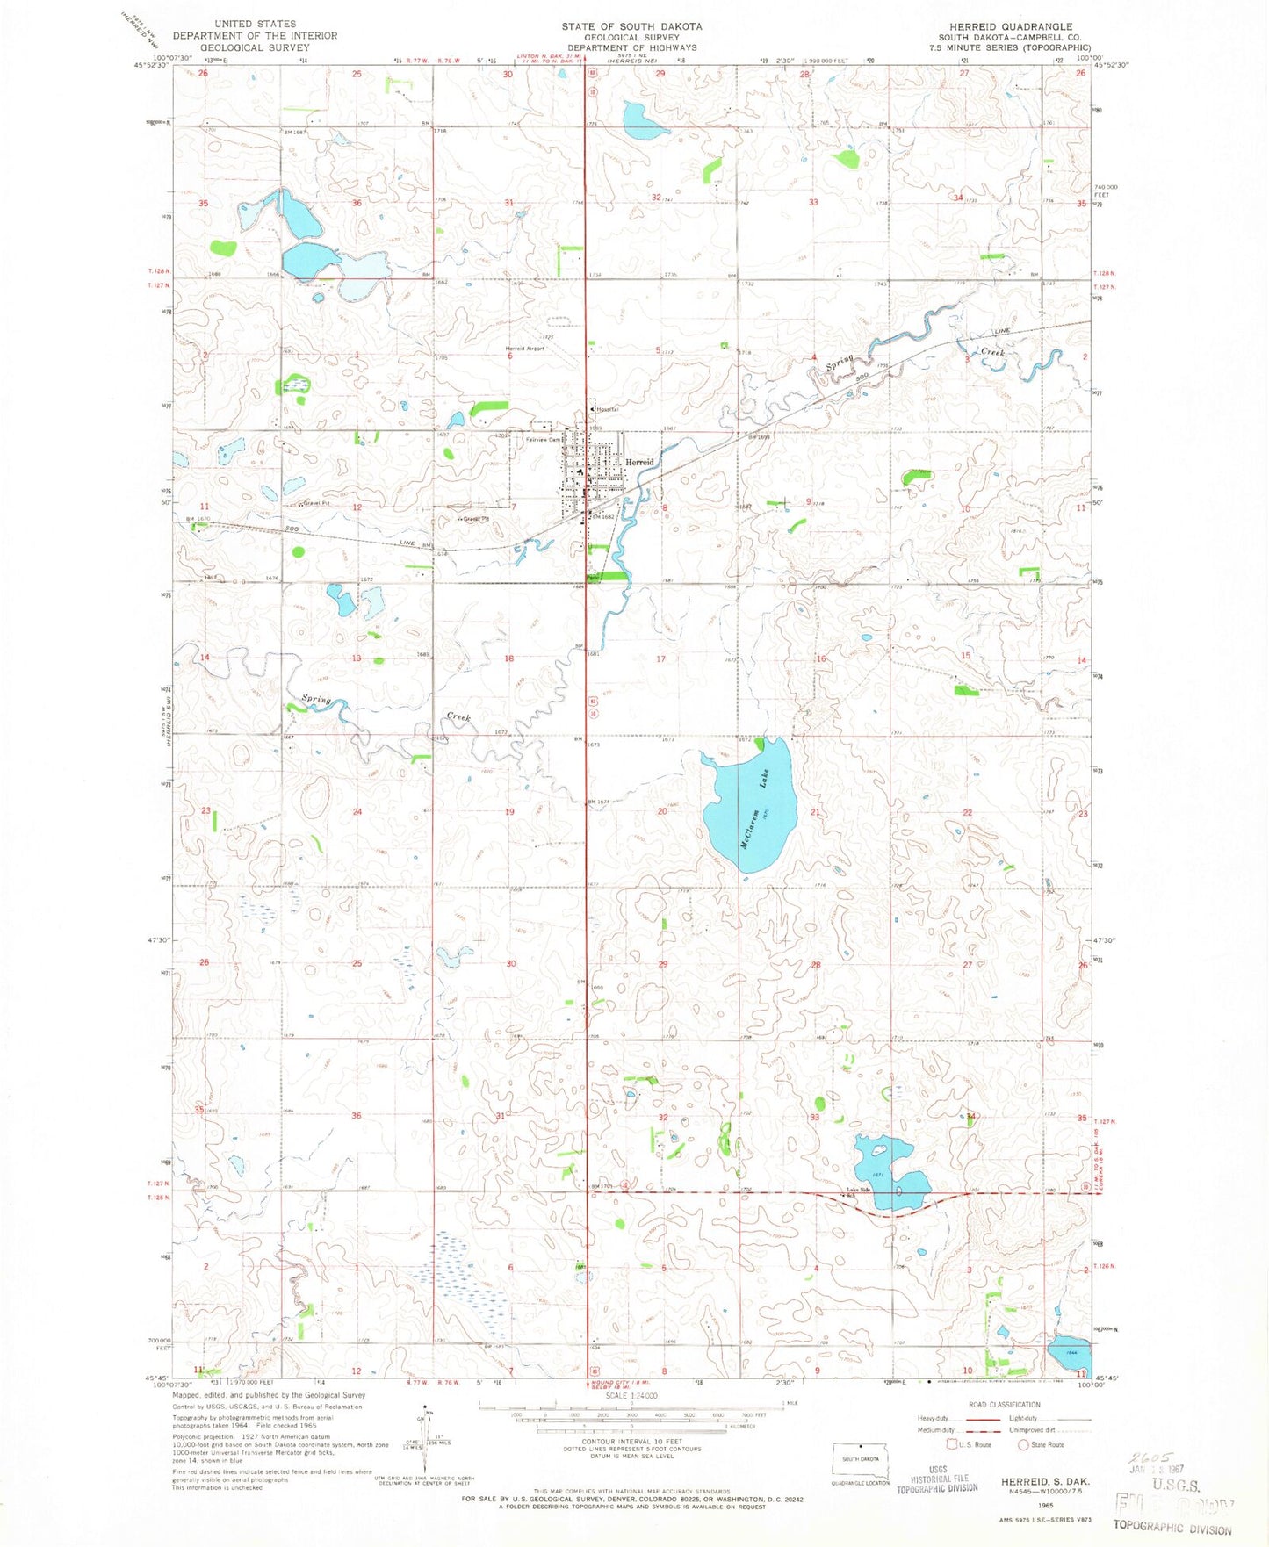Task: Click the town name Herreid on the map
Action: (639, 462)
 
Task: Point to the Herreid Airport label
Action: (524, 349)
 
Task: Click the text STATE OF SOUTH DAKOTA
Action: (631, 27)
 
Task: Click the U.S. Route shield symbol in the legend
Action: (951, 1444)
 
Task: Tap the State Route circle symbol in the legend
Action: (1023, 1444)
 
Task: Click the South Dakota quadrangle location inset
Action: (861, 1458)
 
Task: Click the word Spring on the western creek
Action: (316, 700)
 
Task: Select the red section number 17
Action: (660, 658)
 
